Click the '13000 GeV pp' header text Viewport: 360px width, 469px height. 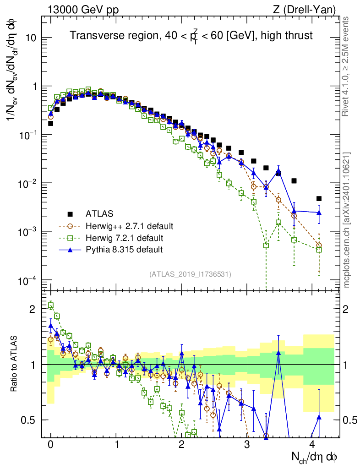(82, 9)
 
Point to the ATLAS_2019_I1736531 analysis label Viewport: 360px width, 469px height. (190, 274)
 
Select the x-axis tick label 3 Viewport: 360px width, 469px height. (247, 444)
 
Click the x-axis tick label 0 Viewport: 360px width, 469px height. (50, 444)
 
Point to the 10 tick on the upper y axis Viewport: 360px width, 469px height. (29, 38)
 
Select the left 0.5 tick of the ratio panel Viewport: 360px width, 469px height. (31, 420)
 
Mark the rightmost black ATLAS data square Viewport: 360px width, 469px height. (319, 199)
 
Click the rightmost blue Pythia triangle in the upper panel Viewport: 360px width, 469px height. (319, 212)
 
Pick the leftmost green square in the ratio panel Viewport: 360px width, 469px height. (51, 305)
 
